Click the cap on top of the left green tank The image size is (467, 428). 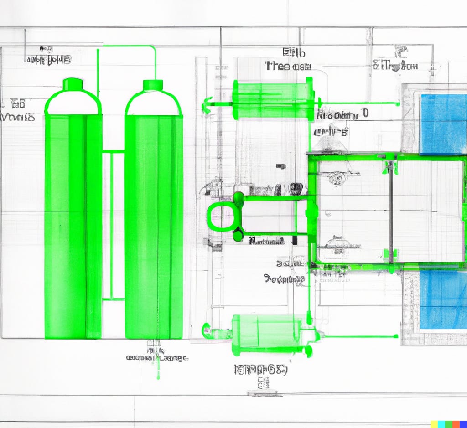73,84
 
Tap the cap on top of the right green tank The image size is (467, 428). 153,85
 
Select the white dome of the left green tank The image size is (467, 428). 73,103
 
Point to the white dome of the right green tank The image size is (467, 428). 153,104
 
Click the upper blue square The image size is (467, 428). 443,124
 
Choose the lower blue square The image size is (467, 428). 443,299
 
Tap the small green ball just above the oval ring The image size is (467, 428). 238,197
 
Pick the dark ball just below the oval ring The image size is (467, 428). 238,236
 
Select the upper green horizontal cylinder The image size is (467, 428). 273,99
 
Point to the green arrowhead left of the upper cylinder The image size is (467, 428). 207,105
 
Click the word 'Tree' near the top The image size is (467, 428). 278,66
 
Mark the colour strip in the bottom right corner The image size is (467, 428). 448,424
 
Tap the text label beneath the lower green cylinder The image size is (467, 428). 261,370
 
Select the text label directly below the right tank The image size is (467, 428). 156,357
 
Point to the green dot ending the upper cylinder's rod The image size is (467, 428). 398,104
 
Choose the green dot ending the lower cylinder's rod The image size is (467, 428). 396,336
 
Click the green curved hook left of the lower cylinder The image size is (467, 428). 206,329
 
